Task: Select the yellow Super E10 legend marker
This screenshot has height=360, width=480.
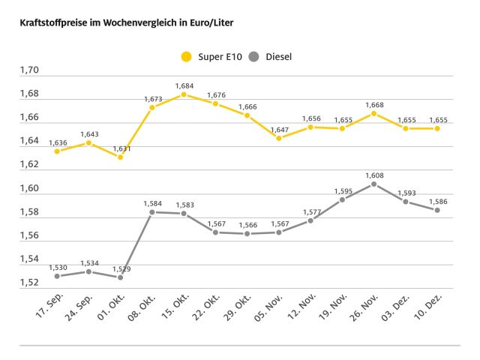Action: coord(186,56)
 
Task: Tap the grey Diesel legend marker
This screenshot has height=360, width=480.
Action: coord(254,56)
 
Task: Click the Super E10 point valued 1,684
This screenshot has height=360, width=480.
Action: coord(184,94)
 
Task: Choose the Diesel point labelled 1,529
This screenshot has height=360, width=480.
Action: coord(120,277)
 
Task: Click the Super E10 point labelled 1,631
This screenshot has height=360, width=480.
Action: coord(120,157)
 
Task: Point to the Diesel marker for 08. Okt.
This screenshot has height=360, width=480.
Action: coord(152,212)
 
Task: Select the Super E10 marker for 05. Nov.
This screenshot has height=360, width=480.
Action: coord(278,138)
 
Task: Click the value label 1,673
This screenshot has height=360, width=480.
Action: coord(153,99)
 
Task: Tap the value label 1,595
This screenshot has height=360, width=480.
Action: coord(342,191)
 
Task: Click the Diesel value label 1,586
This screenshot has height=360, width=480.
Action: coord(437,202)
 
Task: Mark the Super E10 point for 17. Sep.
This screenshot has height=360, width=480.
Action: coord(57,151)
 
